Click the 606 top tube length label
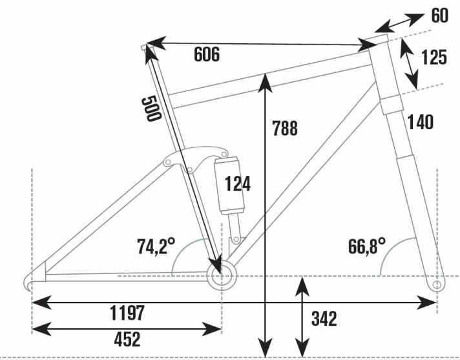click(x=207, y=54)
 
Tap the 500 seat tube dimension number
click(x=151, y=109)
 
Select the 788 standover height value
click(x=285, y=128)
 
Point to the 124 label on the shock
click(x=238, y=184)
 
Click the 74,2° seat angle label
click(x=156, y=246)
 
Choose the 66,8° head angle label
click(x=367, y=246)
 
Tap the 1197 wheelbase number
click(x=127, y=313)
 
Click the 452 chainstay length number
click(x=127, y=339)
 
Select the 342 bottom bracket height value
click(x=324, y=319)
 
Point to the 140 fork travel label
click(x=420, y=122)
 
